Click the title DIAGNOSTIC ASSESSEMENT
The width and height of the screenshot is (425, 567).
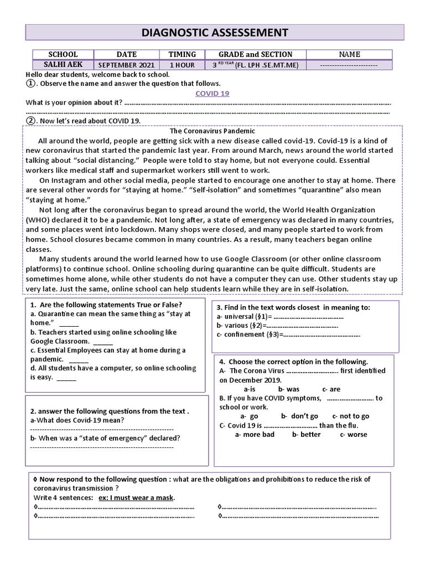[215, 33]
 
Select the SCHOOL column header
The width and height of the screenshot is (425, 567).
[63, 54]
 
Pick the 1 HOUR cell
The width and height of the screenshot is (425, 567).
[182, 65]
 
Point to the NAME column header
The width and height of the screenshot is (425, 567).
[349, 54]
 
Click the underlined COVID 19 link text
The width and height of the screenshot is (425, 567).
[212, 93]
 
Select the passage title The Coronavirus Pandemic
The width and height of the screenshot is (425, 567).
[212, 131]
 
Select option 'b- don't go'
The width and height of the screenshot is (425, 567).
[299, 416]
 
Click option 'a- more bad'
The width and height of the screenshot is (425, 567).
[255, 435]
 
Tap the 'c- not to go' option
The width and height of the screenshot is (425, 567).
[350, 416]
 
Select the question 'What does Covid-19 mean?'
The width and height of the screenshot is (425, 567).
[77, 420]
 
